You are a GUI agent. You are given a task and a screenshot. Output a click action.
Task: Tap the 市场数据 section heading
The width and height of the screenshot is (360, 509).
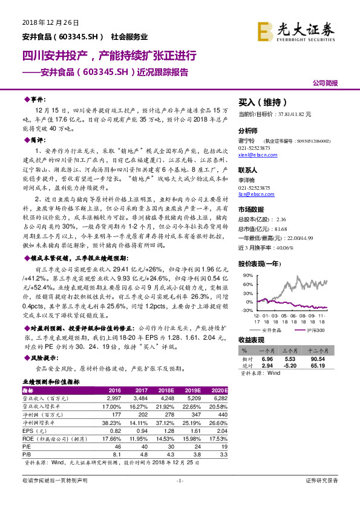251,210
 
